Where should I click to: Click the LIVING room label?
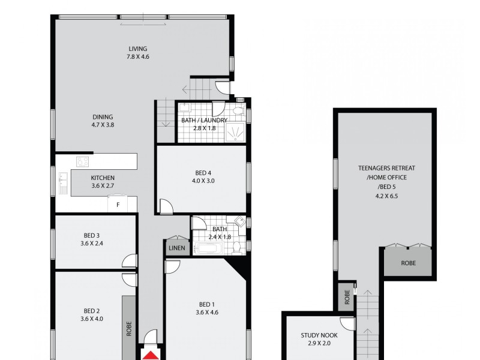pyautogui.click(x=137, y=49)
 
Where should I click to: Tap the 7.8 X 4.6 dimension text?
pyautogui.click(x=137, y=57)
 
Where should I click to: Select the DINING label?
pyautogui.click(x=103, y=117)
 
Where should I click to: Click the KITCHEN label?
pyautogui.click(x=103, y=178)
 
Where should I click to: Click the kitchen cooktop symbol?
pyautogui.click(x=82, y=161)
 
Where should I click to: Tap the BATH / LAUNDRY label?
pyautogui.click(x=204, y=120)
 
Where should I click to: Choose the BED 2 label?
pyautogui.click(x=92, y=311)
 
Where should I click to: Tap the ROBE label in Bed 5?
pyautogui.click(x=408, y=263)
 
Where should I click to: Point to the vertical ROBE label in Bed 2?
pyautogui.click(x=128, y=329)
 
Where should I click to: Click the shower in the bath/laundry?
pyautogui.click(x=238, y=134)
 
